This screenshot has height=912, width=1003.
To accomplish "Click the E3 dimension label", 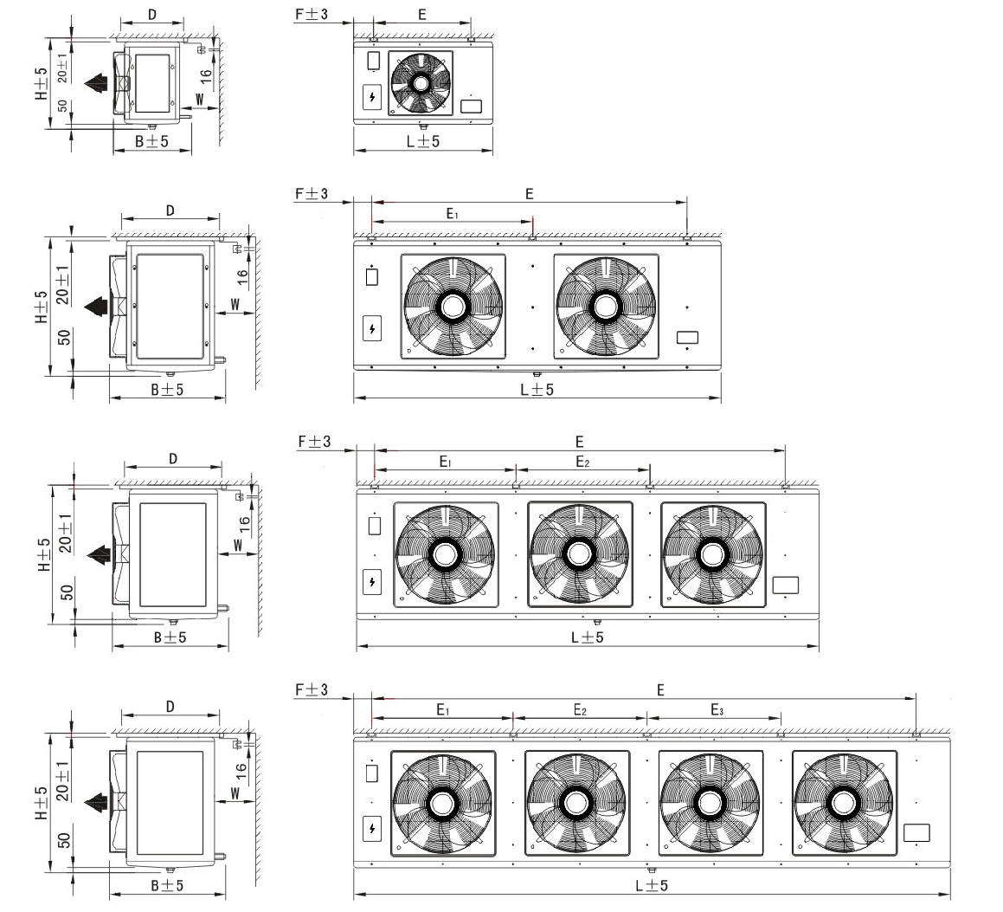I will pyautogui.click(x=717, y=710).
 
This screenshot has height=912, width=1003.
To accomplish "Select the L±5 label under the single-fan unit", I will pyautogui.click(x=423, y=141).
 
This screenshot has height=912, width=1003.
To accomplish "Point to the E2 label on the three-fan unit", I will pyautogui.click(x=582, y=462).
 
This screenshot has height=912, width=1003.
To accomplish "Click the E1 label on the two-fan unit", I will pyautogui.click(x=452, y=213).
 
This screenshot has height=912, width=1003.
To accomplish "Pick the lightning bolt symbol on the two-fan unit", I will pyautogui.click(x=371, y=329).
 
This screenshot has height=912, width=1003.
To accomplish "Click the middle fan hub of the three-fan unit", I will pyautogui.click(x=578, y=554).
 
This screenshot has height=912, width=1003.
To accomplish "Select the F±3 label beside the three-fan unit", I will pyautogui.click(x=314, y=442).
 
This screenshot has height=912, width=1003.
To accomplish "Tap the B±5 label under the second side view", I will pyautogui.click(x=167, y=390).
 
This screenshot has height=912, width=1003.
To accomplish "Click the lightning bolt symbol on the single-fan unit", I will pyautogui.click(x=371, y=96).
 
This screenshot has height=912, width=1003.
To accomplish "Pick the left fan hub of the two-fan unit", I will pyautogui.click(x=453, y=306).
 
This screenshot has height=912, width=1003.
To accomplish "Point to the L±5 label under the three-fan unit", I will pyautogui.click(x=588, y=637).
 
